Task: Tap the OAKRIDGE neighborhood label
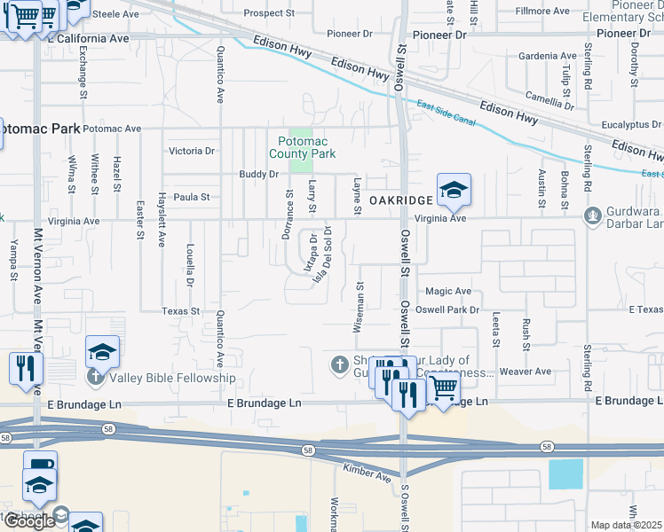click(x=400, y=201)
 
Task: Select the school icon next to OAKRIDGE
click(x=453, y=190)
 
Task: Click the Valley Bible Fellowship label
click(x=172, y=379)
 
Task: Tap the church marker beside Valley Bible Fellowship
click(x=95, y=379)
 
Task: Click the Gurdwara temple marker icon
click(x=592, y=215)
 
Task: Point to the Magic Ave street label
click(x=447, y=291)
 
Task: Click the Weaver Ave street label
click(x=525, y=372)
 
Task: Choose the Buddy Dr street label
click(x=259, y=175)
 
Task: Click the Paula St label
click(x=191, y=197)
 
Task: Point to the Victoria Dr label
click(x=192, y=152)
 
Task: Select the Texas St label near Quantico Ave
click(x=181, y=312)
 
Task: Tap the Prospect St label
click(x=269, y=13)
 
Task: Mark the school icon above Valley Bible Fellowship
click(x=102, y=353)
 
